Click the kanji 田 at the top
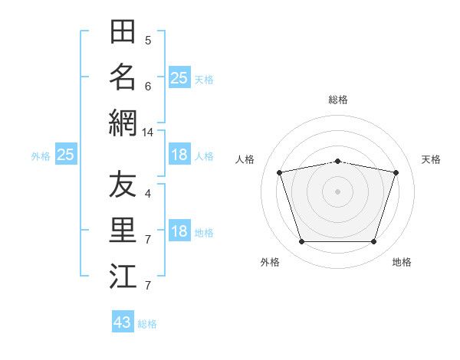pyautogui.click(x=123, y=31)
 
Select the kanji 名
pyautogui.click(x=123, y=77)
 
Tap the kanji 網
pyautogui.click(x=123, y=123)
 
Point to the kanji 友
pyautogui.click(x=123, y=184)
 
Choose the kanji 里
pyautogui.click(x=123, y=230)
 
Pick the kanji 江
pyautogui.click(x=123, y=276)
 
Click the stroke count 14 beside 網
pyautogui.click(x=147, y=133)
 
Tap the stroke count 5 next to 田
pyautogui.click(x=148, y=41)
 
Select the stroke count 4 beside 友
pyautogui.click(x=148, y=194)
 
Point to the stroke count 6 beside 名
pyautogui.click(x=148, y=87)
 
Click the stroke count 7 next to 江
pyautogui.click(x=148, y=285)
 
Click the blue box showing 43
pyautogui.click(x=123, y=321)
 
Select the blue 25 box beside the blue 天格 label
pyautogui.click(x=179, y=77)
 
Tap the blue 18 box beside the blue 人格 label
pyautogui.click(x=179, y=154)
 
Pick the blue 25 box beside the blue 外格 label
pyautogui.click(x=66, y=154)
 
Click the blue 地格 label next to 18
pyautogui.click(x=204, y=233)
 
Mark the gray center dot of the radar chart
pyautogui.click(x=337, y=191)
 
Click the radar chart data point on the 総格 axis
pyautogui.click(x=337, y=162)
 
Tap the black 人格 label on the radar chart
pyautogui.click(x=245, y=159)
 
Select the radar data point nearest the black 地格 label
pyautogui.click(x=373, y=241)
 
